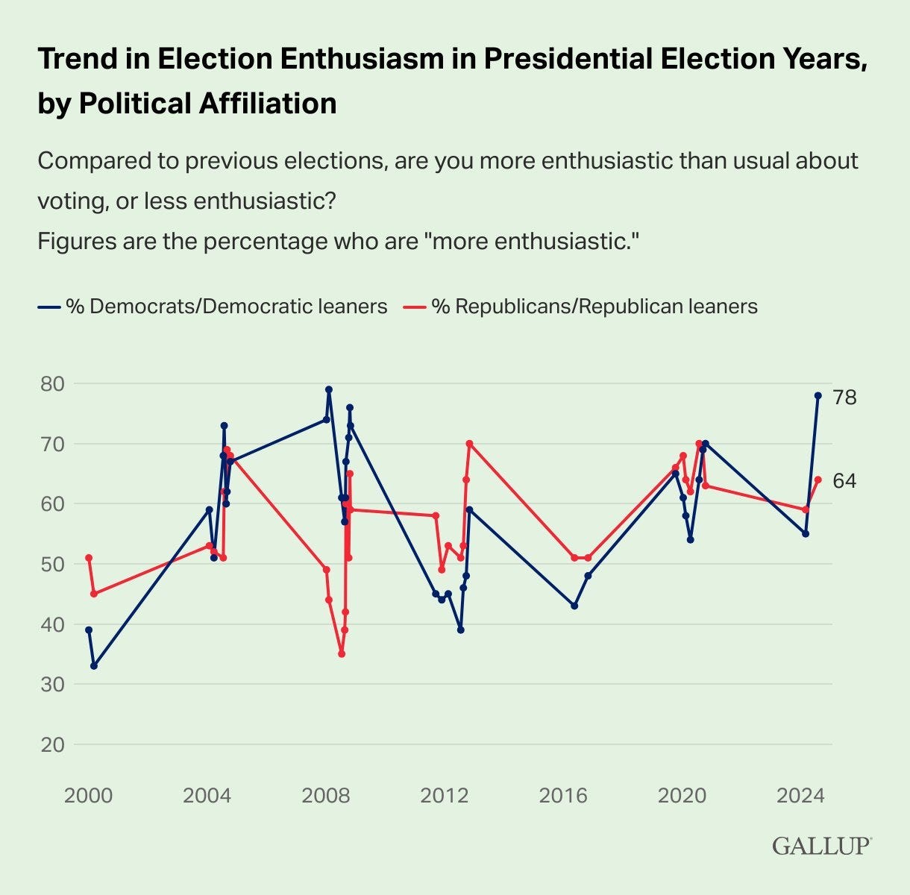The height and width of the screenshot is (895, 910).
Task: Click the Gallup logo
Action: (821, 846)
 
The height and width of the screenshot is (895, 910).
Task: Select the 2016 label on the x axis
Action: (563, 795)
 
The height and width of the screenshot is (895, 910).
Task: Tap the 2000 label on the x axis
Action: (88, 795)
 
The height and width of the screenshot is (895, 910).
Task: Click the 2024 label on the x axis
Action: (800, 795)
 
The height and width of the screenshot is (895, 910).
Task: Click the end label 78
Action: (844, 398)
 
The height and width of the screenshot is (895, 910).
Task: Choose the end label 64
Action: (844, 481)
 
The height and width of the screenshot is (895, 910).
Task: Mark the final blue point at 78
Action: (818, 395)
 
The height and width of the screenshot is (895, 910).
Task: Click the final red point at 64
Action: (818, 480)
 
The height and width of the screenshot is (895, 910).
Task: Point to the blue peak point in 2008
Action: (329, 389)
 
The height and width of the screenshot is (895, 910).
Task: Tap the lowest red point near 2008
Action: (342, 654)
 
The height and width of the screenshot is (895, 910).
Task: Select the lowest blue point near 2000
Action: (94, 666)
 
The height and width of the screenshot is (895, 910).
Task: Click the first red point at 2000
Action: (89, 558)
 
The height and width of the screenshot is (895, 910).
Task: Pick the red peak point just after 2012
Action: (469, 444)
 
